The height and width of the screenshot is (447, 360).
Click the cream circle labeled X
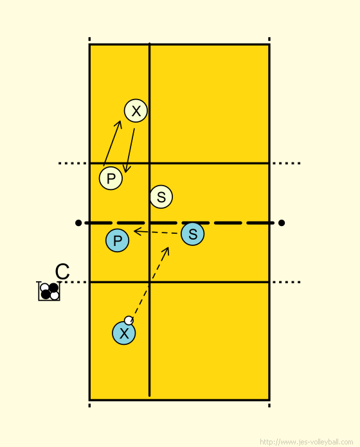(136, 110)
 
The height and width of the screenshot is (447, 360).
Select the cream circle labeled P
(111, 178)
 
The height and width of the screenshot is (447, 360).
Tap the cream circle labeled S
(161, 197)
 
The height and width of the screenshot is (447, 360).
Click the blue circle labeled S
(193, 234)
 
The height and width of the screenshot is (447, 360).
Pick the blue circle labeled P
(117, 240)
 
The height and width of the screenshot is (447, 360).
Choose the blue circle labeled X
(124, 333)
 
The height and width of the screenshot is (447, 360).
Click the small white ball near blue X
(129, 320)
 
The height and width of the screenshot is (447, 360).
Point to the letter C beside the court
(62, 272)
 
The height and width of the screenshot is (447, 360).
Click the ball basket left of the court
(49, 291)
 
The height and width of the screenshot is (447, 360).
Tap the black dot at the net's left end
(78, 223)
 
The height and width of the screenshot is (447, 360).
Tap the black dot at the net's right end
(282, 223)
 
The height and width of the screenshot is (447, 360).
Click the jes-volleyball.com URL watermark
(307, 442)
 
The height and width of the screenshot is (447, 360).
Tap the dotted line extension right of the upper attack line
(286, 163)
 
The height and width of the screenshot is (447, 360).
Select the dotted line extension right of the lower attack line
(286, 282)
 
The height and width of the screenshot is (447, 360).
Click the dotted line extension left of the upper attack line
(73, 163)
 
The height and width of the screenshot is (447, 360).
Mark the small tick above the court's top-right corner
(269, 39)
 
